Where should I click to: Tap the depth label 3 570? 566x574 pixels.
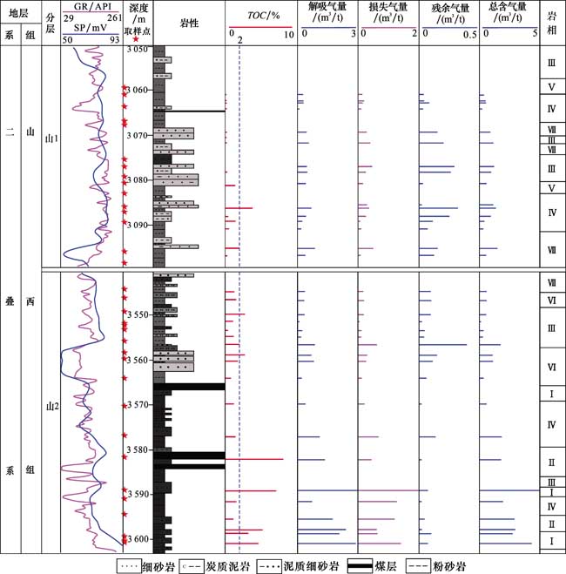pyautogui.click(x=138, y=405)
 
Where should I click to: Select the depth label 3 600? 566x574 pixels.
pyautogui.click(x=138, y=539)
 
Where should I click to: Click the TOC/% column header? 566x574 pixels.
pyautogui.click(x=261, y=16)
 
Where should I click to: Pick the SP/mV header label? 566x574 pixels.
pyautogui.click(x=91, y=28)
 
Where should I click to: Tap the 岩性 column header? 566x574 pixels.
pyautogui.click(x=188, y=23)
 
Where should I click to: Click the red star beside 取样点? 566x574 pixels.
pyautogui.click(x=136, y=38)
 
